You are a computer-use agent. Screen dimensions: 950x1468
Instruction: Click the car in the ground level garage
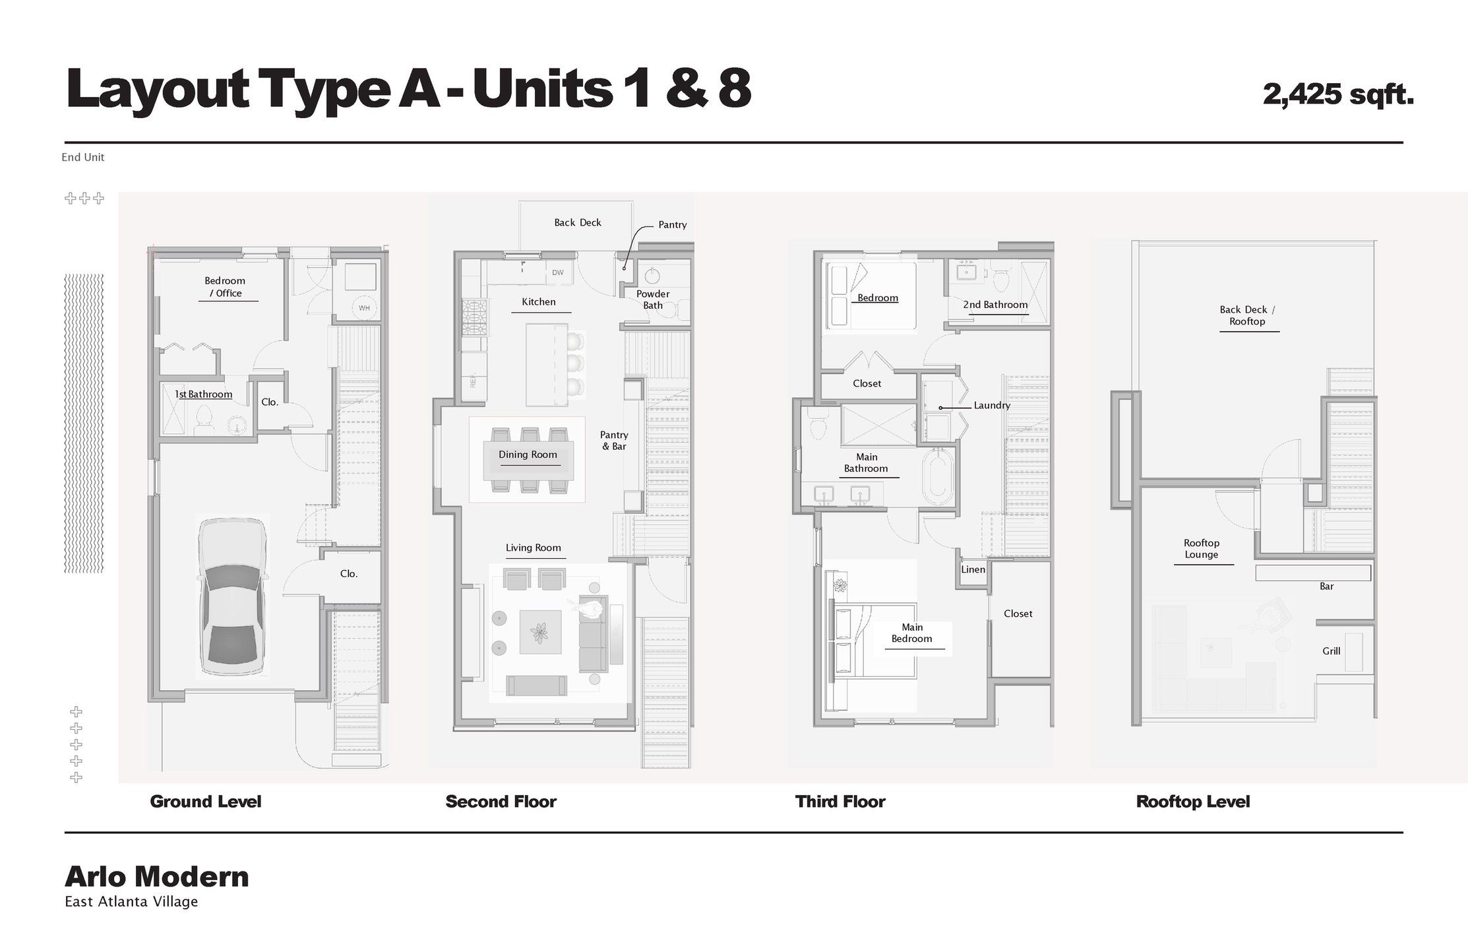233,598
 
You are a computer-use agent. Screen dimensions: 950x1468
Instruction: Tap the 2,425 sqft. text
1338,94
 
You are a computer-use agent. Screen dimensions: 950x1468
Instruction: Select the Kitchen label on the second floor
539,302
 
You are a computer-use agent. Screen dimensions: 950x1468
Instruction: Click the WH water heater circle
364,307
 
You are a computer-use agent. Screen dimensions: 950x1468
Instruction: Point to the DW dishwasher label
558,272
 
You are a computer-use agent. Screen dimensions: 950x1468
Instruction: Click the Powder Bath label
653,300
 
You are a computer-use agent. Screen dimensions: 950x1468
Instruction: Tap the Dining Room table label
528,455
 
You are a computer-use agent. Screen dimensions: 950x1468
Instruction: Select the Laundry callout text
991,406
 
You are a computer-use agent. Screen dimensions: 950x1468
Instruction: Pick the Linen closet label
973,569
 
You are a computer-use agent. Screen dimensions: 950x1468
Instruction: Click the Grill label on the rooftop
1331,651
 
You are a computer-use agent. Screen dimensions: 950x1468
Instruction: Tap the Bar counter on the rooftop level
1312,573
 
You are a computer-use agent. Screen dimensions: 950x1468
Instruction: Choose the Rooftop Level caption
1192,802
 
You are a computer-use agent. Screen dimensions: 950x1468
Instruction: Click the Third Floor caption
840,802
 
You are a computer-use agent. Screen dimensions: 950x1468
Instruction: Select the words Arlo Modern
157,877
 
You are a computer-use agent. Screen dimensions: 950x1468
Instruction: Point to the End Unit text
83,158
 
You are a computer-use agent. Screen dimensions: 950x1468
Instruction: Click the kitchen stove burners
474,318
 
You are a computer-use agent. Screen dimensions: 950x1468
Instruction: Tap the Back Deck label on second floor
578,223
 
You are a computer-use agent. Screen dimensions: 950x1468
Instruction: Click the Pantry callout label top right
672,225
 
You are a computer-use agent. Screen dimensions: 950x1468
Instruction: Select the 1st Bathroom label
203,395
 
